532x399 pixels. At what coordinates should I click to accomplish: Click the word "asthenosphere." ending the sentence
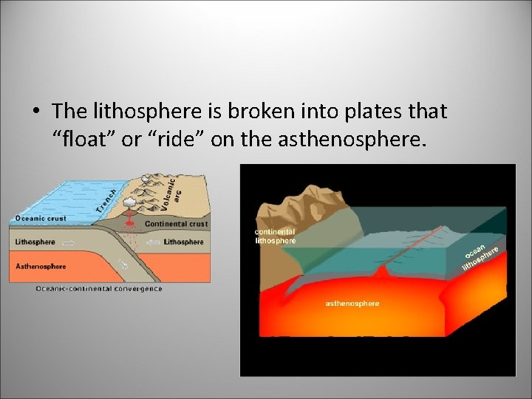pyautogui.click(x=352, y=139)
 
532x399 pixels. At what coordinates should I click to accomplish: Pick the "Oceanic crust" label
pyautogui.click(x=41, y=218)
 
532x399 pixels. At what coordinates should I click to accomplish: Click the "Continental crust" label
pyautogui.click(x=176, y=224)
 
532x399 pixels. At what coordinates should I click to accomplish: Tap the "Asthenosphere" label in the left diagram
pyautogui.click(x=41, y=266)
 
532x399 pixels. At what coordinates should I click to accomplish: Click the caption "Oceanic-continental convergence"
pyautogui.click(x=98, y=289)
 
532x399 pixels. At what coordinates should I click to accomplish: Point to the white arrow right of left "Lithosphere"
pyautogui.click(x=68, y=242)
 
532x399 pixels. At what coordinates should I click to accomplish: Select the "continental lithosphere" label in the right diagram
pyautogui.click(x=275, y=236)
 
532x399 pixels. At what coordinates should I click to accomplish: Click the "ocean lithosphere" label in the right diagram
pyautogui.click(x=484, y=255)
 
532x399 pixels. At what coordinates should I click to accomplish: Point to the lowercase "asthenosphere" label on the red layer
pyautogui.click(x=352, y=304)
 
